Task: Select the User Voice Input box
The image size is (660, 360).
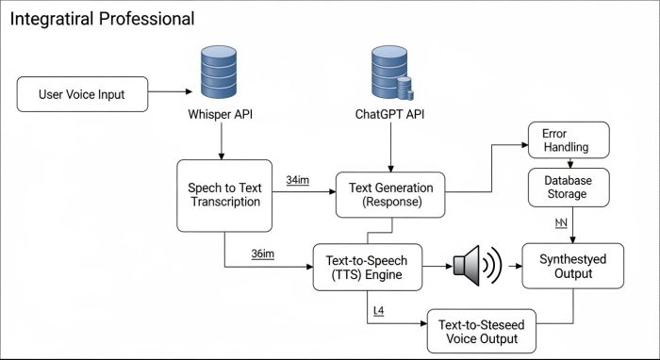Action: point(81,94)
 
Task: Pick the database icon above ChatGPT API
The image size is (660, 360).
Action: point(388,74)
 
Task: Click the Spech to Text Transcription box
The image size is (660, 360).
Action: point(223,195)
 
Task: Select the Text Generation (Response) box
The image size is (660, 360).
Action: point(390,195)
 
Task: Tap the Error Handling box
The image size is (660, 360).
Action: point(569,140)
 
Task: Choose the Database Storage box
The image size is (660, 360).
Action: point(569,188)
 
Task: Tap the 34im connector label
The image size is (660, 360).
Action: point(298,179)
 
